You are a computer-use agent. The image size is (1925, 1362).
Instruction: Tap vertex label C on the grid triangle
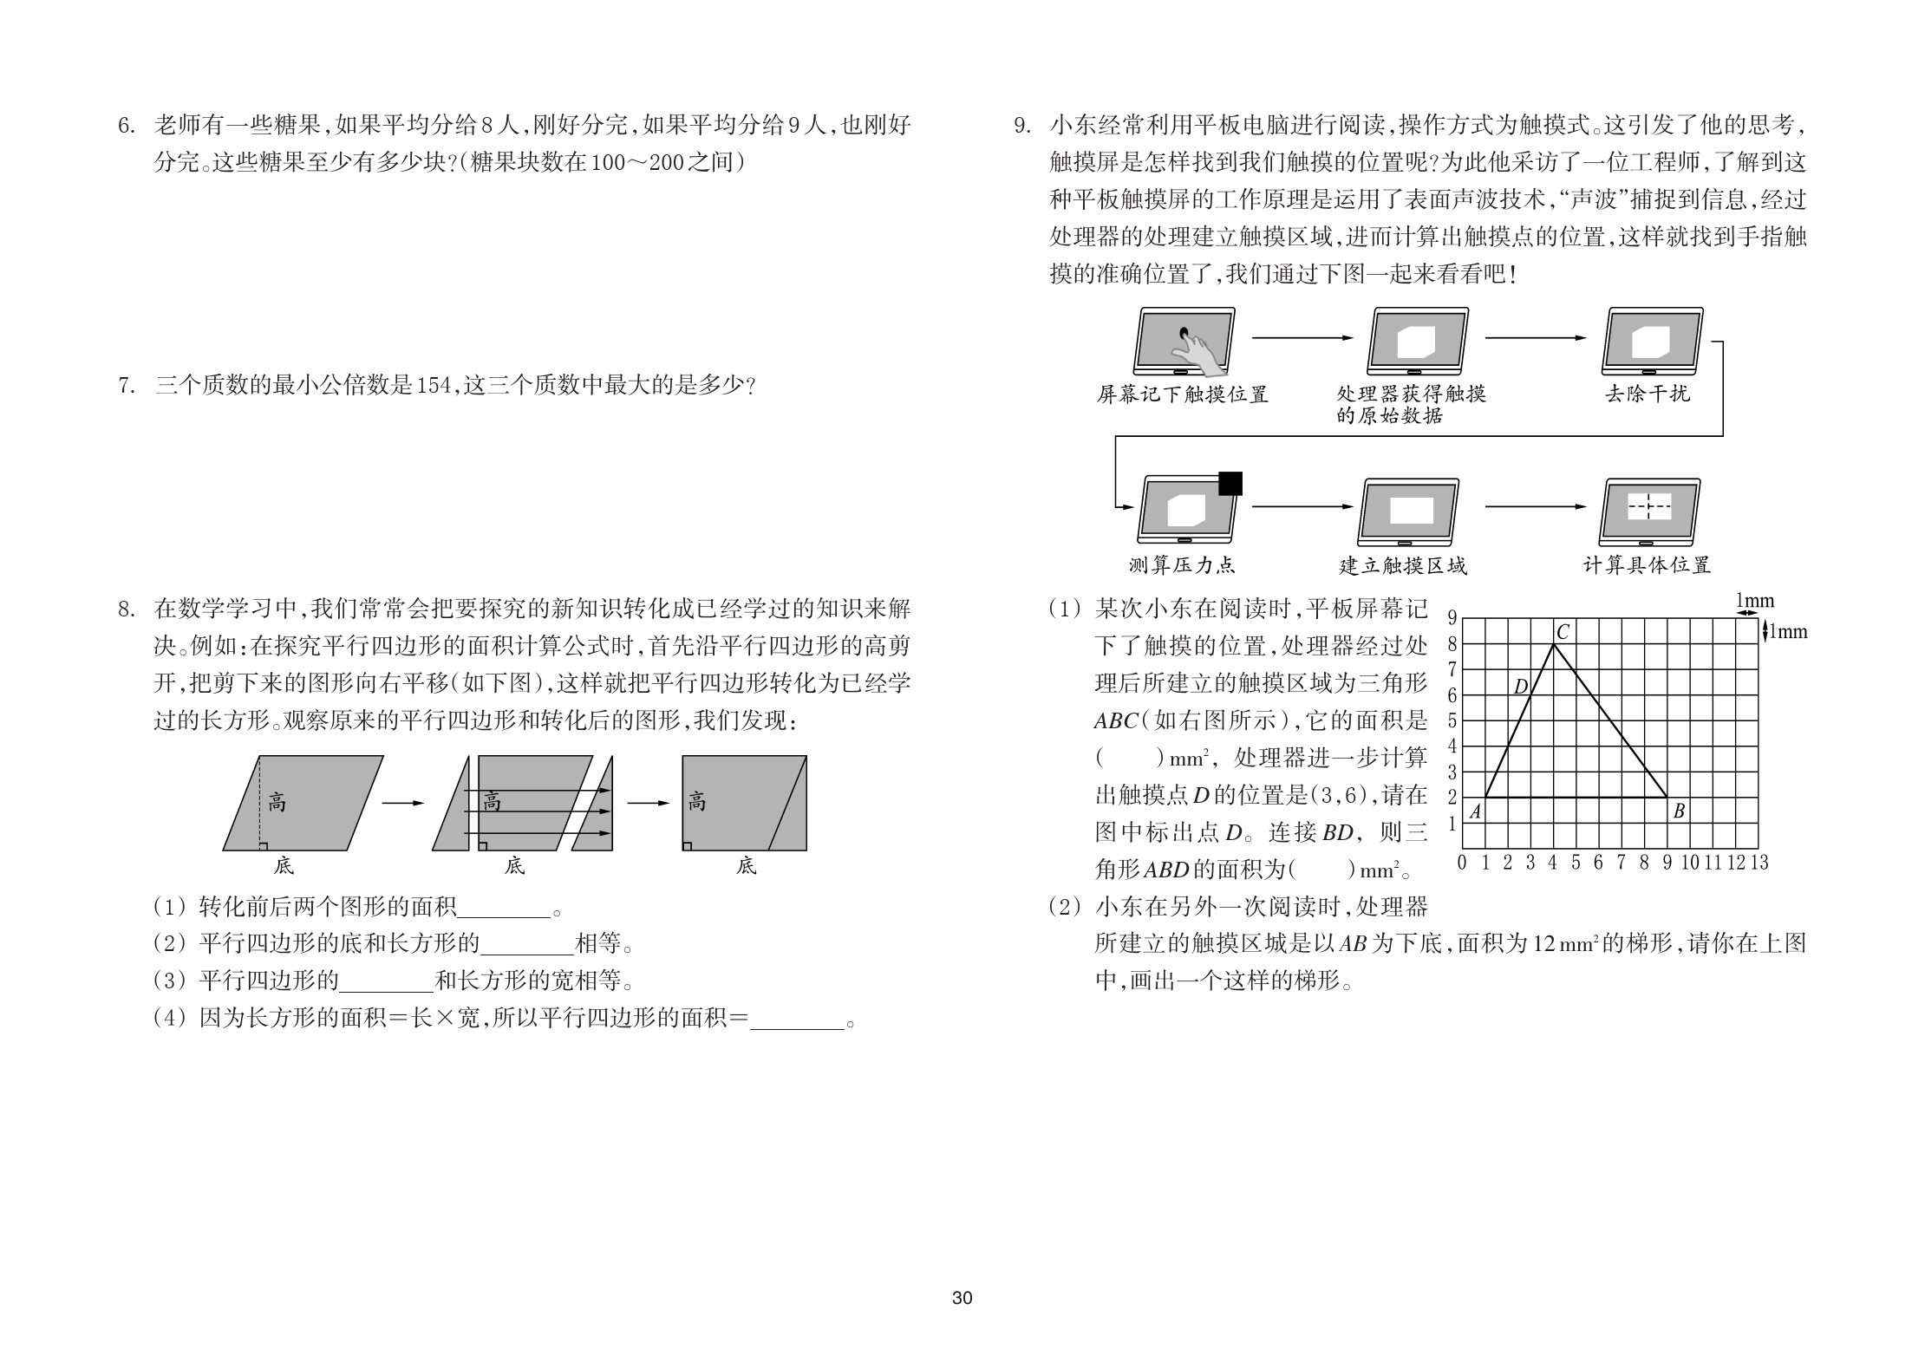pyautogui.click(x=1563, y=633)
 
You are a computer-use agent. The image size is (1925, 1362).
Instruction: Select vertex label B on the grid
pyautogui.click(x=1679, y=812)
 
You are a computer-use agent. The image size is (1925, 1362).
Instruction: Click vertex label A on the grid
pyautogui.click(x=1475, y=812)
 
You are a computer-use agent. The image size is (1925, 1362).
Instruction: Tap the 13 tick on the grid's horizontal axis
pyautogui.click(x=1759, y=863)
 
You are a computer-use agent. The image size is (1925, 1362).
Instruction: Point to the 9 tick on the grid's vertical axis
pyautogui.click(x=1452, y=618)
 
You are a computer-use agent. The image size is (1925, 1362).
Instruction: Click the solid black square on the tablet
pyautogui.click(x=1230, y=483)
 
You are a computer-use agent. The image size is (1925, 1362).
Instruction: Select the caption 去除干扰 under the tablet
pyautogui.click(x=1648, y=394)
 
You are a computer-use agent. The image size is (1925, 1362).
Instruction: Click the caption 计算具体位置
pyautogui.click(x=1648, y=565)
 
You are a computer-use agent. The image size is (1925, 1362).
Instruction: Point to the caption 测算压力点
pyautogui.click(x=1182, y=565)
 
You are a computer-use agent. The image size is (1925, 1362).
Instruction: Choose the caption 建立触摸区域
pyautogui.click(x=1403, y=565)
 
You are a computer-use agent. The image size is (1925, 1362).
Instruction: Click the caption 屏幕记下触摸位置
pyautogui.click(x=1182, y=394)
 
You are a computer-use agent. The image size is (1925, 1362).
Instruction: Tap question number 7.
pyautogui.click(x=126, y=386)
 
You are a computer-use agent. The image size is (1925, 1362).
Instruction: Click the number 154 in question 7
pyautogui.click(x=434, y=386)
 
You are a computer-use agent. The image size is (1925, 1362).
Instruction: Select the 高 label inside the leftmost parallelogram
pyautogui.click(x=277, y=802)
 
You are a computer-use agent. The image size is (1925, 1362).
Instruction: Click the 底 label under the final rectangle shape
pyautogui.click(x=747, y=865)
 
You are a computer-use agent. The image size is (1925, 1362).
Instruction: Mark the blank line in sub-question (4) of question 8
pyautogui.click(x=797, y=1020)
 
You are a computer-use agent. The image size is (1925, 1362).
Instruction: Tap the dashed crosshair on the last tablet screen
pyautogui.click(x=1648, y=505)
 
